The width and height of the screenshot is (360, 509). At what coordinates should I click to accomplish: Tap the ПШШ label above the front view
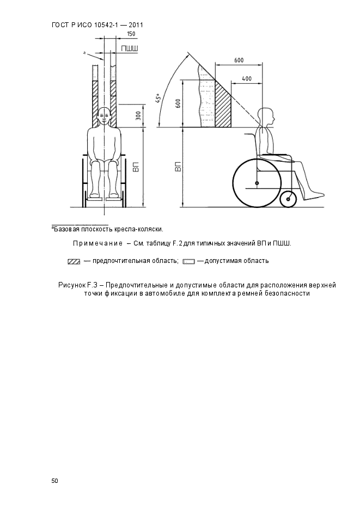tap(130, 48)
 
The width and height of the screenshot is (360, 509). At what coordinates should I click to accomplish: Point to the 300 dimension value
tap(138, 115)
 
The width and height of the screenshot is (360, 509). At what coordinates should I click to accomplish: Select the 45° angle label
tap(158, 98)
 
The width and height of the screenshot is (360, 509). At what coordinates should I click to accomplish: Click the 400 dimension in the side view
tap(247, 78)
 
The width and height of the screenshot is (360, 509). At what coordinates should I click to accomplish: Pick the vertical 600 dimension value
tap(178, 104)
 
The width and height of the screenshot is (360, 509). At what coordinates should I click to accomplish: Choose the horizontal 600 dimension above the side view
tap(239, 60)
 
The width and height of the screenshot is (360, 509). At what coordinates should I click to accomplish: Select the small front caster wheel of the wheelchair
tap(288, 199)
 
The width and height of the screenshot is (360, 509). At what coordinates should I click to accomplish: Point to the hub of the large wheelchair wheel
tap(257, 183)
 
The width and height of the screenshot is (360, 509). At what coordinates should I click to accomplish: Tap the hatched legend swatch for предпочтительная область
tap(74, 262)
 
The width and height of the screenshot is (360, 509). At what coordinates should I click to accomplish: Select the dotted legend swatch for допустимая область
tap(188, 262)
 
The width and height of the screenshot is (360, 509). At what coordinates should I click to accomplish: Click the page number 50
tap(54, 481)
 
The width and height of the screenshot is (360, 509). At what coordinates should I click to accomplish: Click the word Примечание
tap(97, 243)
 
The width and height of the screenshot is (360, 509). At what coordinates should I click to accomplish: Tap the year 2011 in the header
tap(136, 25)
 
